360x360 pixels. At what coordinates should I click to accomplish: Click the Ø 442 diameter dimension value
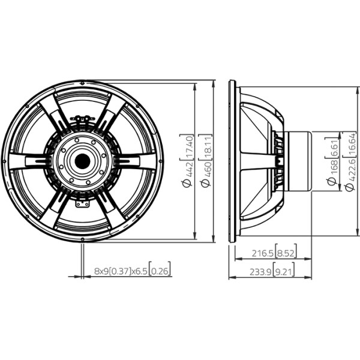pyautogui.click(x=187, y=175)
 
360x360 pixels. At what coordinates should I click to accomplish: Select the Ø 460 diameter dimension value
pyautogui.click(x=206, y=174)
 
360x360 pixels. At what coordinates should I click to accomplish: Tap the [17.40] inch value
pyautogui.click(x=187, y=147)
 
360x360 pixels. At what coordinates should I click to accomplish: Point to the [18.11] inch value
pyautogui.click(x=206, y=147)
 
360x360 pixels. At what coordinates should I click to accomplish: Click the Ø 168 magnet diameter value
pyautogui.click(x=332, y=172)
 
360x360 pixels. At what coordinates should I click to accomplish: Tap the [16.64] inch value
pyautogui.click(x=351, y=145)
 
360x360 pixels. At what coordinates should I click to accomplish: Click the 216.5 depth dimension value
pyautogui.click(x=263, y=253)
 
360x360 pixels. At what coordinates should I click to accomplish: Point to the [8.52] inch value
pyautogui.click(x=286, y=251)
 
